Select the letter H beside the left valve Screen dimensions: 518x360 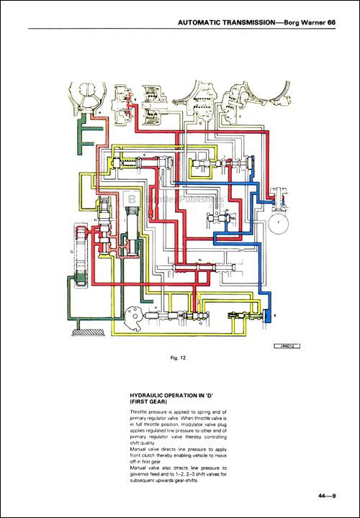(95, 220)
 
